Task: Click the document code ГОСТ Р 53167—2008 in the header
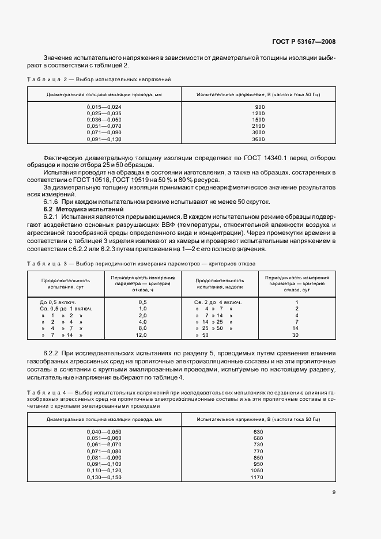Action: coord(303,42)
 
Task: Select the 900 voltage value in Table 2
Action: coord(259,107)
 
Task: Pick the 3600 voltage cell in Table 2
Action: coord(258,139)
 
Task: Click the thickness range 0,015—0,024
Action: coord(104,107)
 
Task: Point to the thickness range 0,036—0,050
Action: coord(104,120)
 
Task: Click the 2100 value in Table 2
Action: coord(258,126)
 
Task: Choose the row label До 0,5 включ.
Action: coord(58,302)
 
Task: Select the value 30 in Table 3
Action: coord(296,335)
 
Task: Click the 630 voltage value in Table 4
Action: coord(258,431)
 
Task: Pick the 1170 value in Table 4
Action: coord(258,477)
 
